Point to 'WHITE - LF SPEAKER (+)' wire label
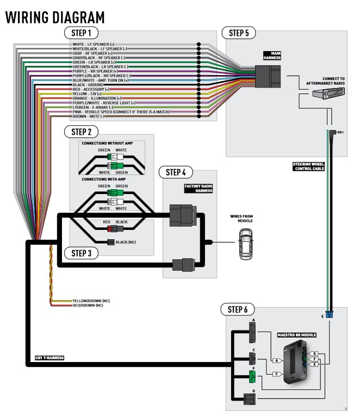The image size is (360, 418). (94, 44)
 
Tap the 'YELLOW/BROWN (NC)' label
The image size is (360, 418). (91, 301)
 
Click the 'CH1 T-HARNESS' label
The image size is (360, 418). (49, 358)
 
